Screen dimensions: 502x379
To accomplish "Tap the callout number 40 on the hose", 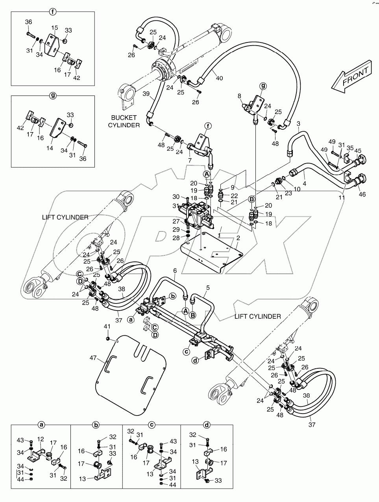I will (219, 78).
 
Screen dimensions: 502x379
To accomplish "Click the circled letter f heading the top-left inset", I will (52, 12).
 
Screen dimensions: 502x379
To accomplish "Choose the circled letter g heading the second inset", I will (52, 96).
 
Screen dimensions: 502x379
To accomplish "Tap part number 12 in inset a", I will (41, 439).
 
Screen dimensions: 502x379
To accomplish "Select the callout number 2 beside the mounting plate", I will (238, 239).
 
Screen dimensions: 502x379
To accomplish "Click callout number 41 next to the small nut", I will (107, 326).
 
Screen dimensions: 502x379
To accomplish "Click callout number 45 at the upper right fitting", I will (357, 151).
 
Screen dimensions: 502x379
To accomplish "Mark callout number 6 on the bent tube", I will (175, 271).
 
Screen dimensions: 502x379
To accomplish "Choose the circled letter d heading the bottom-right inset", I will (207, 425).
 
